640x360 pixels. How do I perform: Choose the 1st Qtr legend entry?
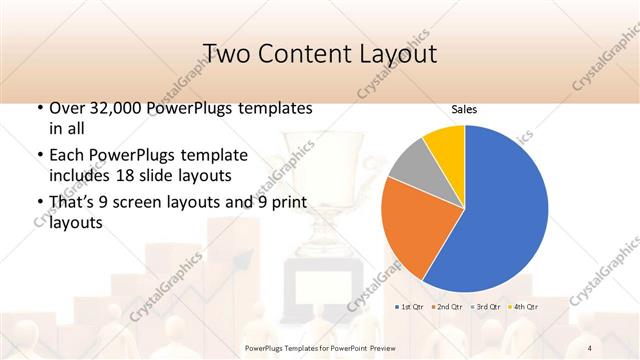point(411,306)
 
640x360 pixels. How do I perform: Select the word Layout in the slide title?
point(392,53)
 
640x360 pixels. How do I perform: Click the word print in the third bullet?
point(294,203)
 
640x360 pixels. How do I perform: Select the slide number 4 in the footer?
point(590,348)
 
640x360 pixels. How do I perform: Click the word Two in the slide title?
point(224,53)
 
